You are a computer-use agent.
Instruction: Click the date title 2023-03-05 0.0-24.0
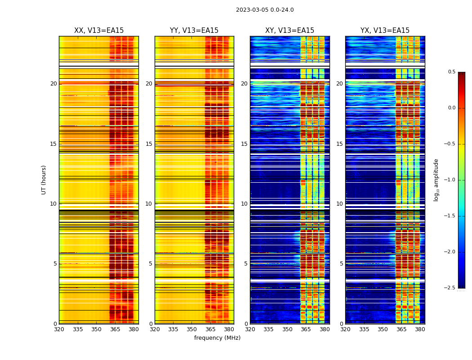(x=265, y=10)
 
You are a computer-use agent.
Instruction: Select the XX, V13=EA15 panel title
(x=99, y=31)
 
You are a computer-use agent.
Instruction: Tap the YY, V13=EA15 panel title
(x=194, y=31)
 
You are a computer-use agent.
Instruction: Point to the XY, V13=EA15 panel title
(x=289, y=31)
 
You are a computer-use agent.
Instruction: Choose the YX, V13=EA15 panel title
(x=385, y=31)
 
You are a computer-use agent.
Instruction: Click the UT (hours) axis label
(x=44, y=180)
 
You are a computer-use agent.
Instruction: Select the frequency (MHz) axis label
(x=217, y=338)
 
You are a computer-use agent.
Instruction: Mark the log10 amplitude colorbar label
(x=436, y=180)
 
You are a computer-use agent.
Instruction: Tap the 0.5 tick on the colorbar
(x=451, y=72)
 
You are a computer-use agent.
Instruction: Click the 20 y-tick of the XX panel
(x=53, y=84)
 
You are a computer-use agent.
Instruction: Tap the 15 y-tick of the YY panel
(x=149, y=144)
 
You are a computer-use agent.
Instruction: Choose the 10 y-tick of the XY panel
(x=244, y=204)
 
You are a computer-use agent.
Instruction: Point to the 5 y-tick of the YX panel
(x=341, y=264)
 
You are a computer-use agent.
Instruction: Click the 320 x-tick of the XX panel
(x=59, y=329)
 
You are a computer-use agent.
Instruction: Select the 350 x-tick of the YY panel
(x=192, y=329)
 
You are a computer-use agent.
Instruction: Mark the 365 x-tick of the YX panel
(x=401, y=329)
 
